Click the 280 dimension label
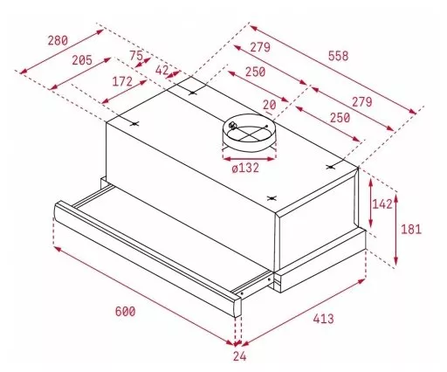coord(58,40)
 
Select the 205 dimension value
coord(82,60)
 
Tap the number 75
coord(136,55)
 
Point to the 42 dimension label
coord(162,70)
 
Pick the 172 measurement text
coord(122,81)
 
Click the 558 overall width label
coord(338,56)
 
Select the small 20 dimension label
coord(270,105)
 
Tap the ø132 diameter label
coord(245,168)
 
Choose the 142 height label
coord(382,204)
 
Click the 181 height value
coord(411,230)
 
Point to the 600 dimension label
coord(125,312)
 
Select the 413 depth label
coord(323,319)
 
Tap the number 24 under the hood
coord(239,356)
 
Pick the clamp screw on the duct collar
coord(232,126)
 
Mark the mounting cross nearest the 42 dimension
coord(193,93)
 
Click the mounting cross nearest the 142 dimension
coord(330,167)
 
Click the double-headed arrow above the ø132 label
coord(249,159)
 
